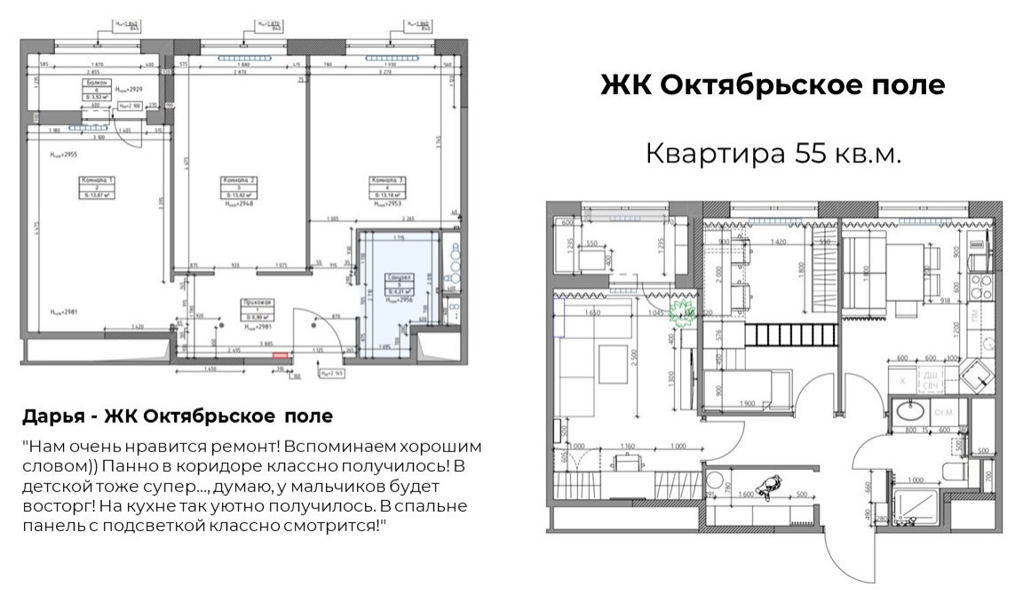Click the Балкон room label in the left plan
click(99, 83)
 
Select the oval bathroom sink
click(910, 411)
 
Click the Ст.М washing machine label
click(944, 412)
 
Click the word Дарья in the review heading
click(51, 416)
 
